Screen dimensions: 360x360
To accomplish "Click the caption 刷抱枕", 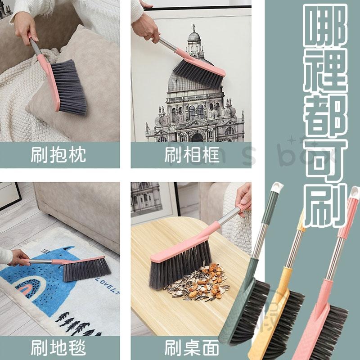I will (58, 155).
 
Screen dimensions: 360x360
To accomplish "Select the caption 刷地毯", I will (58, 347).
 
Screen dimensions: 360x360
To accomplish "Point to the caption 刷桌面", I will (191, 347).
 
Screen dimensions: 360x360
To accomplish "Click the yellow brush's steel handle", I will (292, 252).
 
